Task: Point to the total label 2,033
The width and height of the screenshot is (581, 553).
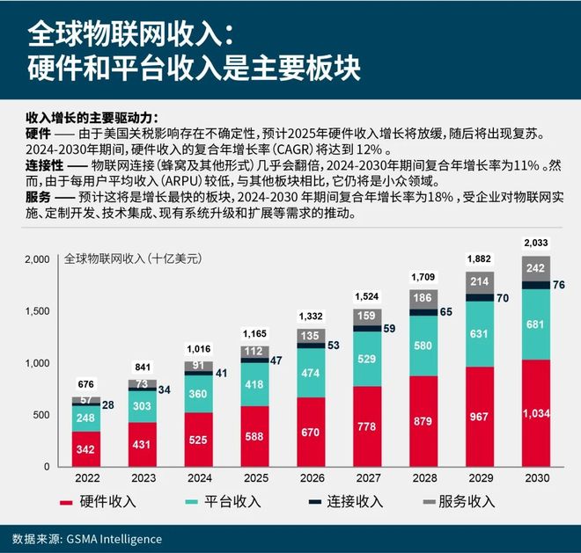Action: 535,243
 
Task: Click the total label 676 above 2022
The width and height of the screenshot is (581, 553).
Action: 85,384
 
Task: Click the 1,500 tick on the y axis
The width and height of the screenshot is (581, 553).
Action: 38,311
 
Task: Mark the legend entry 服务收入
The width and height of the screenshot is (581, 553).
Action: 458,502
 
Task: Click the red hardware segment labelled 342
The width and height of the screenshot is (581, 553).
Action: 85,448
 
